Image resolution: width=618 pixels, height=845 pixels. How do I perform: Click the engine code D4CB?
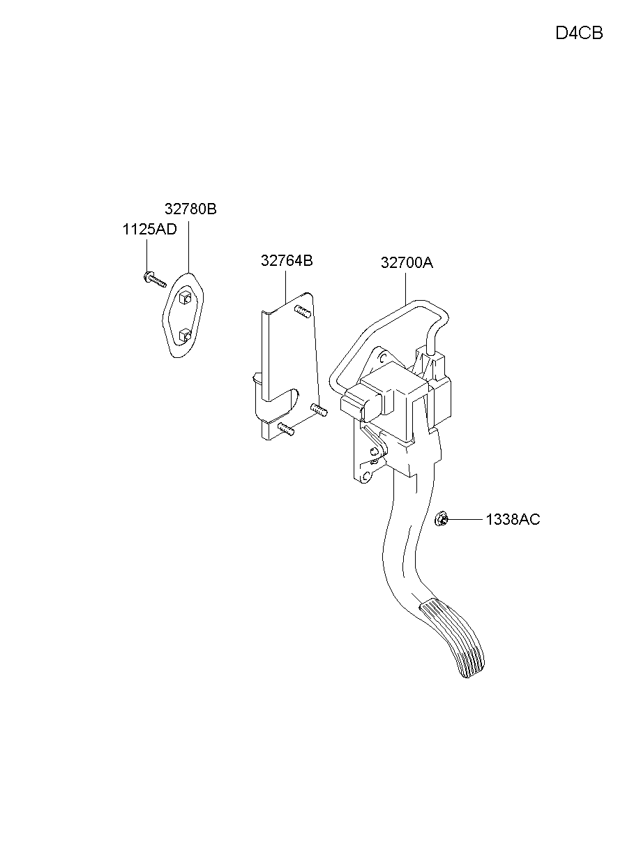(x=579, y=33)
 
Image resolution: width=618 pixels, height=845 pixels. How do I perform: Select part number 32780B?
(x=190, y=209)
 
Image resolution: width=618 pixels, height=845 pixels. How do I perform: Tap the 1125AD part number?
(x=149, y=230)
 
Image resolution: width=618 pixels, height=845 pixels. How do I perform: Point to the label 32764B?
(x=287, y=261)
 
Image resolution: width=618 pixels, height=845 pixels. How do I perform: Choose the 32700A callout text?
(x=407, y=262)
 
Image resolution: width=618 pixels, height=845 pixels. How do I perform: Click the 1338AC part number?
(x=513, y=519)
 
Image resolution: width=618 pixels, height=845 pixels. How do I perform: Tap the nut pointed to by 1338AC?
(x=441, y=518)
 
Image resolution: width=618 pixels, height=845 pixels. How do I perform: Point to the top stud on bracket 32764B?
(x=303, y=311)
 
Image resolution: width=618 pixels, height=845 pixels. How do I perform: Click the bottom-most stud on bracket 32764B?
(x=286, y=429)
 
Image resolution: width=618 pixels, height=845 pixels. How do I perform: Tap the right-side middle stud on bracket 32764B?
(x=319, y=410)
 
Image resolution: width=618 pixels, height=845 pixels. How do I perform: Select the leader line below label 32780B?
(x=188, y=247)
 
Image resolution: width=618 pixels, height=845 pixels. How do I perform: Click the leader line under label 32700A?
(x=406, y=290)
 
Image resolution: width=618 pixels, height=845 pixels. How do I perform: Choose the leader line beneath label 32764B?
(x=285, y=287)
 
